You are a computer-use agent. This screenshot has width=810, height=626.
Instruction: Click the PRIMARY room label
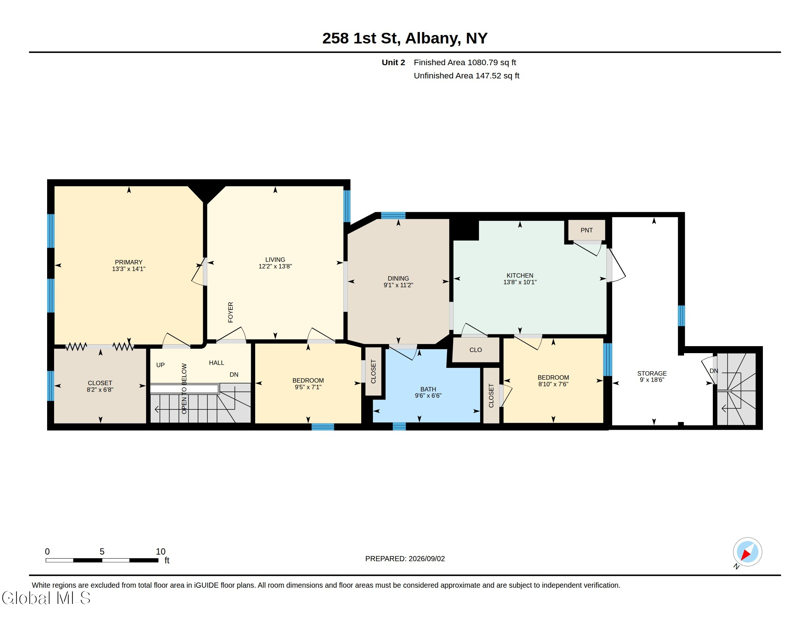128,262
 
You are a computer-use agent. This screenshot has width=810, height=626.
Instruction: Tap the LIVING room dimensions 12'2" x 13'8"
275,266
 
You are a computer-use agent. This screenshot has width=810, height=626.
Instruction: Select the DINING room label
398,278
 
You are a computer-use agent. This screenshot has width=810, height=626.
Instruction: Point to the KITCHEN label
520,275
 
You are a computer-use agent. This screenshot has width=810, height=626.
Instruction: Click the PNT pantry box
587,230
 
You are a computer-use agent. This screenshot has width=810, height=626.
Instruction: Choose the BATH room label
428,389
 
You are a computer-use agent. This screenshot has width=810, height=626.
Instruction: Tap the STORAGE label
652,373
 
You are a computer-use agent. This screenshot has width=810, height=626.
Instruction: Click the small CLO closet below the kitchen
476,350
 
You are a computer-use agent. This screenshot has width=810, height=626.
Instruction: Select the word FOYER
231,312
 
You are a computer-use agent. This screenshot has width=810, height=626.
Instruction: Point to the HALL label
216,363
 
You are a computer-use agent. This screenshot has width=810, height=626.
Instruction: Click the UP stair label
160,365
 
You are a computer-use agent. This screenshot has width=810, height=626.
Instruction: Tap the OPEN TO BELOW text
184,388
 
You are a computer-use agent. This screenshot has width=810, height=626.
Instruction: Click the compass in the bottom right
747,552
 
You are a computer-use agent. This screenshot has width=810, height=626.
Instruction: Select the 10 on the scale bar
161,552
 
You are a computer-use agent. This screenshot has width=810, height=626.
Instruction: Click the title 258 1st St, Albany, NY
405,38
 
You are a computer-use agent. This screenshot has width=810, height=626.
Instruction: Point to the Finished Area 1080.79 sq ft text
465,62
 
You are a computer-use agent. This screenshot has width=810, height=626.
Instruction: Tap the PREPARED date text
405,559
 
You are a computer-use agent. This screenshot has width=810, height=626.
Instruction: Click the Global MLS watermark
46,598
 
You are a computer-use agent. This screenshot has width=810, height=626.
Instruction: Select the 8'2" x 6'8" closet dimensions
100,390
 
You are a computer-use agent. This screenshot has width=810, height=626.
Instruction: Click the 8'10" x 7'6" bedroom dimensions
553,384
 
